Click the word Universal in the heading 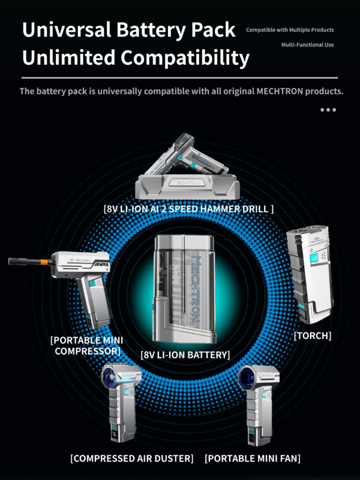[67, 30]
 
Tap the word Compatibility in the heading [185, 58]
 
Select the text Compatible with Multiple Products [290, 30]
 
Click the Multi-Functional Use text [307, 44]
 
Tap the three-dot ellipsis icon [328, 110]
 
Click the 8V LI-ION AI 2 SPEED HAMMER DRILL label [188, 209]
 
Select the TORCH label [312, 336]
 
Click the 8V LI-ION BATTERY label [185, 355]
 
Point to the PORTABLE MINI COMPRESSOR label [87, 346]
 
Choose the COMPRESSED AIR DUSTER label [132, 458]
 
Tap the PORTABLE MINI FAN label [253, 458]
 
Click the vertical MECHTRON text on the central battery [196, 289]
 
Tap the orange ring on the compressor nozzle [44, 262]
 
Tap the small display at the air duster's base [114, 434]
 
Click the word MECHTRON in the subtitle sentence [280, 91]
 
